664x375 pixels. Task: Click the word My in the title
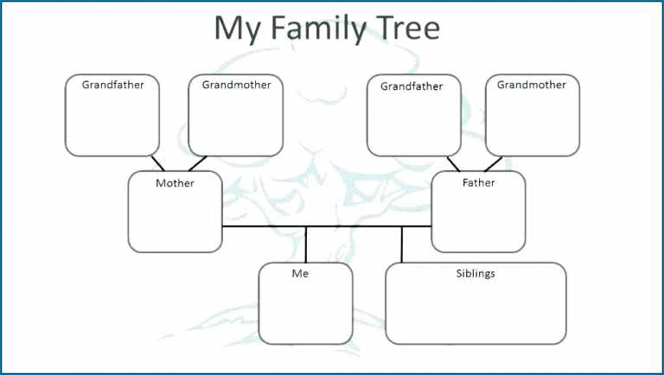(233, 29)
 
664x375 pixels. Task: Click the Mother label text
(175, 183)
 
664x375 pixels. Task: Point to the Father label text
(478, 183)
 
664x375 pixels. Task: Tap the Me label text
(300, 274)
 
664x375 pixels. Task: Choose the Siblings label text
(475, 274)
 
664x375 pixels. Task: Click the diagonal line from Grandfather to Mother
(158, 163)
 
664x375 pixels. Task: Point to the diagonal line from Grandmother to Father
(493, 163)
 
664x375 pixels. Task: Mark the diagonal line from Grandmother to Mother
(197, 163)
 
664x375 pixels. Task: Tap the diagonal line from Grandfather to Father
(453, 163)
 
